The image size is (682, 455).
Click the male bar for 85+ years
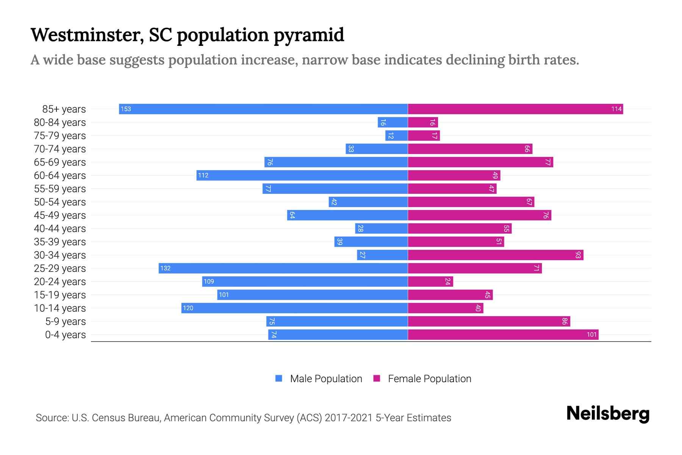(x=263, y=109)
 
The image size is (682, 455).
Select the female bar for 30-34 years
(x=496, y=255)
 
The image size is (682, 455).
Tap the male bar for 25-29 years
(x=283, y=268)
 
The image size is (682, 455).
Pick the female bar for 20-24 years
(x=430, y=281)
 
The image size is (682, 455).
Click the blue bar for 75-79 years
(x=396, y=135)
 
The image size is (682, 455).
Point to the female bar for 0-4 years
(x=503, y=334)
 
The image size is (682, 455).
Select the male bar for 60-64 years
(x=302, y=175)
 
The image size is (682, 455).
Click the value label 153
(x=126, y=109)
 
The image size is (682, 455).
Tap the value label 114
(x=616, y=109)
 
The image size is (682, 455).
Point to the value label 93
(x=578, y=255)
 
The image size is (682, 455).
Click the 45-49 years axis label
(x=60, y=215)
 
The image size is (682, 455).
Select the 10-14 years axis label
(x=60, y=308)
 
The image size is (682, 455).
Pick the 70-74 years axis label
(x=60, y=149)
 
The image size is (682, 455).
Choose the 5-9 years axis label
(x=65, y=322)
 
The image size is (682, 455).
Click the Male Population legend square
(x=279, y=378)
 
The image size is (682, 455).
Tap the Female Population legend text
(x=429, y=379)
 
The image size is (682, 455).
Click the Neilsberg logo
(x=608, y=414)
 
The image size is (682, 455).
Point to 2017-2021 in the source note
(x=349, y=418)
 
